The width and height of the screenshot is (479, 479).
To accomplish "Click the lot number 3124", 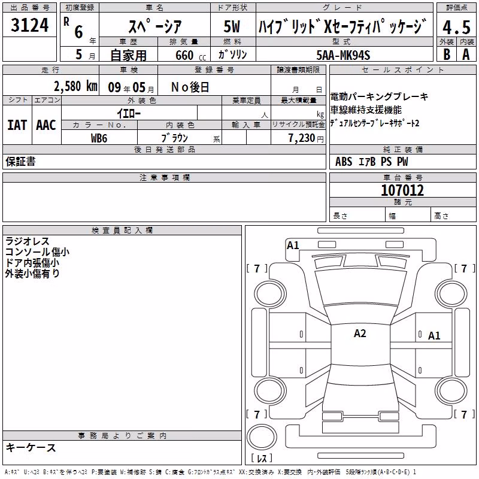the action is (x=29, y=25).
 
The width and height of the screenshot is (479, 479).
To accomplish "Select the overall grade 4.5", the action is (x=456, y=27).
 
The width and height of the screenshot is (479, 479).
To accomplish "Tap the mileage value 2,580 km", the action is (x=75, y=86).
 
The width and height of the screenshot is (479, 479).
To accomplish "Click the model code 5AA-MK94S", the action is (x=343, y=55).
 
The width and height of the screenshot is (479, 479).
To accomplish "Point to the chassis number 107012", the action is (x=402, y=190).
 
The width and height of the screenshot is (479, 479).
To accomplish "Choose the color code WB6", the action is (x=99, y=138).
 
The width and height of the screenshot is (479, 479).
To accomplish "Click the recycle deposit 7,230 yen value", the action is (x=306, y=138).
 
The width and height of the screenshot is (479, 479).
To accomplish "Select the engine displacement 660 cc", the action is (x=190, y=55).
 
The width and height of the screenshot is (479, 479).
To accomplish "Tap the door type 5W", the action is (x=232, y=26).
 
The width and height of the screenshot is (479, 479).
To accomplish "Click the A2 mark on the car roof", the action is (x=360, y=334).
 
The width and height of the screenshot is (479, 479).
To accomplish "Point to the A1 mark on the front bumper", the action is (x=293, y=245).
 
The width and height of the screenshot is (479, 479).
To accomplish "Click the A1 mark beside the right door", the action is (x=434, y=336).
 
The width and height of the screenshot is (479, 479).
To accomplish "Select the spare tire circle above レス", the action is (x=262, y=437).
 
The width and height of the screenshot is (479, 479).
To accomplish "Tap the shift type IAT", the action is (x=17, y=125).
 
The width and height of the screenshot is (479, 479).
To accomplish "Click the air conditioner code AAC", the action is (x=46, y=125).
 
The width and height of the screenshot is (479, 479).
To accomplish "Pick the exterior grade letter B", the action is (x=447, y=54).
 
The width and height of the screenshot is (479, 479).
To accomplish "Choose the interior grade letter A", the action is (x=466, y=54).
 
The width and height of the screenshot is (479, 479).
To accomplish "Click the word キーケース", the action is (x=31, y=448).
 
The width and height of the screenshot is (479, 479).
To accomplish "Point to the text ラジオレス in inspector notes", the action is (x=27, y=241).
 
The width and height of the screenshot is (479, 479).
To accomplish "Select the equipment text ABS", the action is (x=344, y=162).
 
